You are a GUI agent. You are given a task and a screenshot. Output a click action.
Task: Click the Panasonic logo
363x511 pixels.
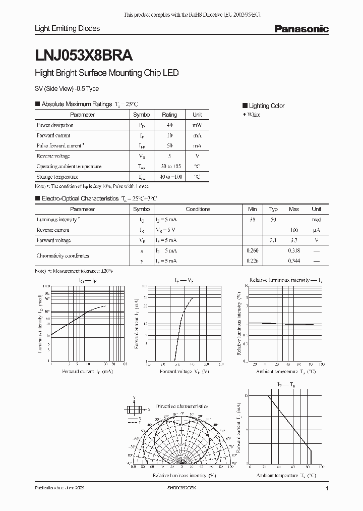click(301, 29)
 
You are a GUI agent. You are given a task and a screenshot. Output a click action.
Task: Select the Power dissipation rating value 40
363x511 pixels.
click(169, 125)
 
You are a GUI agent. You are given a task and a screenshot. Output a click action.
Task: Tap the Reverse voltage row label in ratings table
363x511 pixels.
click(53, 156)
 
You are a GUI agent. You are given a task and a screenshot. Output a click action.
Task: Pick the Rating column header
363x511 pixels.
click(169, 115)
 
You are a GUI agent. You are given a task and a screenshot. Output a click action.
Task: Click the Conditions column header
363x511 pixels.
click(198, 209)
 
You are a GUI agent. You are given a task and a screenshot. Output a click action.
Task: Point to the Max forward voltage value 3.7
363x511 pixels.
click(294, 240)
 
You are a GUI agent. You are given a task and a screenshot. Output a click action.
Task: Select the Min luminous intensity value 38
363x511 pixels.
click(253, 220)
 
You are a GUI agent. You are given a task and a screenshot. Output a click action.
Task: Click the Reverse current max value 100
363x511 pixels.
click(294, 230)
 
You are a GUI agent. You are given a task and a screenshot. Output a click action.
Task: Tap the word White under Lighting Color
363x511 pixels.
click(255, 115)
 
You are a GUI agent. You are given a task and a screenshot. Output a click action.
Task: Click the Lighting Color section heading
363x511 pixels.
click(267, 106)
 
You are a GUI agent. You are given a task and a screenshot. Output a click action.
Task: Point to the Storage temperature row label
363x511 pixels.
click(57, 177)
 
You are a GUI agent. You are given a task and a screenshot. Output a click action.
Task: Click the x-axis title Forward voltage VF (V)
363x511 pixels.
click(184, 371)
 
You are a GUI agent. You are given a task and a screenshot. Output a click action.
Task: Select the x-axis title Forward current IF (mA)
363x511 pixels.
click(87, 371)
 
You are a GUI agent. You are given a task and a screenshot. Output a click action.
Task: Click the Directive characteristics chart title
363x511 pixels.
click(181, 406)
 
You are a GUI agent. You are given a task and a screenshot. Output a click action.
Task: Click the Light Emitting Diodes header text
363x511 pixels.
click(67, 28)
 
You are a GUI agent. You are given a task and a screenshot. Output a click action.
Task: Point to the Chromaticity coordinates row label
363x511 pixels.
click(63, 255)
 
